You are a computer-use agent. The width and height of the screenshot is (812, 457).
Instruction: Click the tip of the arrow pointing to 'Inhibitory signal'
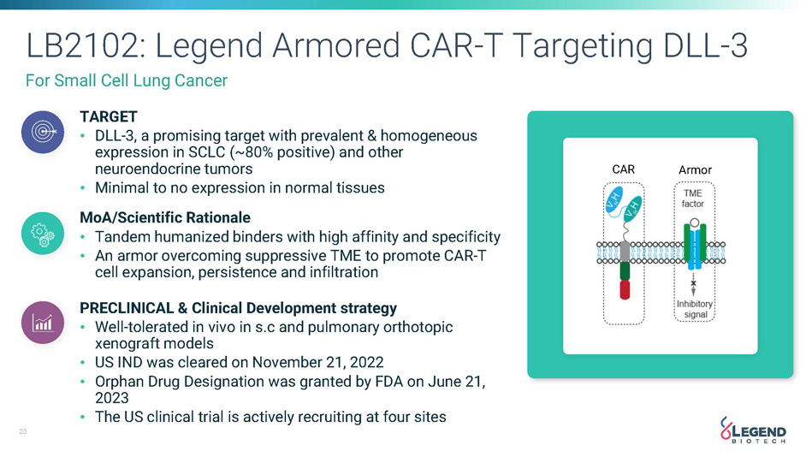[693, 296]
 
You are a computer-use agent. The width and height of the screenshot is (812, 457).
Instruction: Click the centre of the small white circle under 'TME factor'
[695, 223]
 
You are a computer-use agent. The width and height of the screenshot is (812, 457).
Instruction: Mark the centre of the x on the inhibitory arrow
[693, 283]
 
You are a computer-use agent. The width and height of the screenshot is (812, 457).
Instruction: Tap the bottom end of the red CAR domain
[625, 300]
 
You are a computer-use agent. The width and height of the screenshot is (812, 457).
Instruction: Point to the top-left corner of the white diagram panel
[563, 138]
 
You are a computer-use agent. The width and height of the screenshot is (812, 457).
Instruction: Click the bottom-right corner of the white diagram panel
[757, 354]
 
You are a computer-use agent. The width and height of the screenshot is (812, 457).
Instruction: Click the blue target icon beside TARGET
[43, 132]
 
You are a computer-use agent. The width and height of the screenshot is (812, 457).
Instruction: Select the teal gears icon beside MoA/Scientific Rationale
[43, 233]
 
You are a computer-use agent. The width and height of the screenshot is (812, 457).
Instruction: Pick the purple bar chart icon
[43, 323]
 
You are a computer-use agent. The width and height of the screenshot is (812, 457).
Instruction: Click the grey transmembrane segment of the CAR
[625, 252]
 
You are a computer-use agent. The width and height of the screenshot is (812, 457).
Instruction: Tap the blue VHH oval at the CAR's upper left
[614, 199]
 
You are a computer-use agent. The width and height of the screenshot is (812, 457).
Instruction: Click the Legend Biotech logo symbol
[726, 429]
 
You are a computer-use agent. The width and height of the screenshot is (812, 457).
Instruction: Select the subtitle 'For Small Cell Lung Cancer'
[127, 80]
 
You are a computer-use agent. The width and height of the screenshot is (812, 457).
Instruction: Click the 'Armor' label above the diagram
[695, 170]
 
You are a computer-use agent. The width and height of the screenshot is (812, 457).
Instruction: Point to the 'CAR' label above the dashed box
[624, 169]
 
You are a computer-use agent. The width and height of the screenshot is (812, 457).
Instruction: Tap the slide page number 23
[23, 431]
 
